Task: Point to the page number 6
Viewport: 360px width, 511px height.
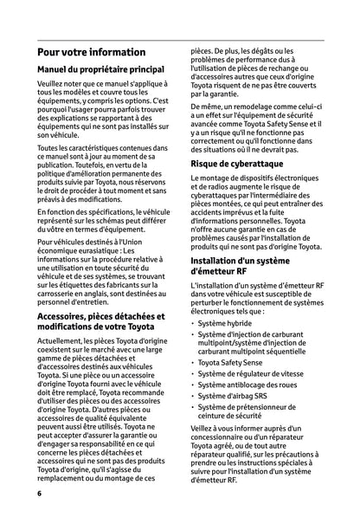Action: pyautogui.click(x=40, y=493)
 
